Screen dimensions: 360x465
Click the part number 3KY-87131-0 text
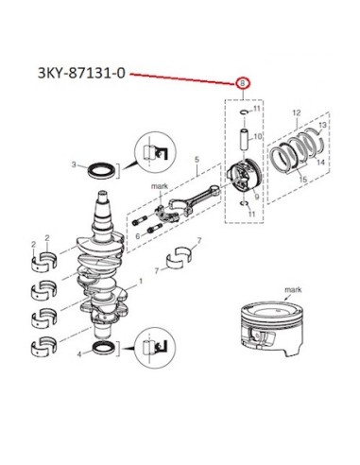[81, 73]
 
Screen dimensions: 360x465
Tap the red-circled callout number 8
[243, 83]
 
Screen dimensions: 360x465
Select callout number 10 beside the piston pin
[257, 136]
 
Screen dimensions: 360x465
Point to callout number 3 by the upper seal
[74, 164]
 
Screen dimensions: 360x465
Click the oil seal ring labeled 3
[101, 170]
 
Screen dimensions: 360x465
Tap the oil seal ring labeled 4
[105, 349]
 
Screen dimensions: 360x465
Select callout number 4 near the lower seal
[79, 354]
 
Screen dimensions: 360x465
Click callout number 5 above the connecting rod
[197, 160]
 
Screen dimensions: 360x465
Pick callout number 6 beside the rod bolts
[138, 236]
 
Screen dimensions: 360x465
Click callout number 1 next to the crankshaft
[141, 281]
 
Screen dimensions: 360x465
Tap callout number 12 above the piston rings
[297, 112]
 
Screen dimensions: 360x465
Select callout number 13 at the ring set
[322, 125]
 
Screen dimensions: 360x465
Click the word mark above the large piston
[293, 289]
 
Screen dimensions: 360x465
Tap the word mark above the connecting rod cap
[160, 186]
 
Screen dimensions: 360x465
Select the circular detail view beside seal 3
[155, 152]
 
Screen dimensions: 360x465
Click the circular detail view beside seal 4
[155, 347]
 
